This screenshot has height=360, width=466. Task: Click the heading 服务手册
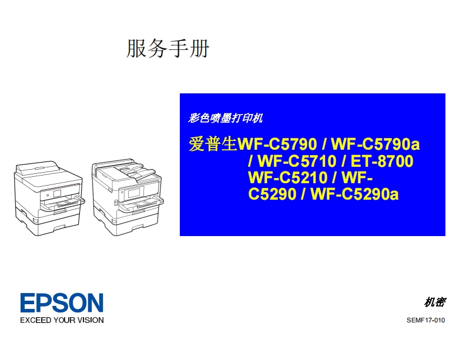[x=167, y=49]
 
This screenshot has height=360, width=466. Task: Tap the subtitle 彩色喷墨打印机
[x=225, y=118]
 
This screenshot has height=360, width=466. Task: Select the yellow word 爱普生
[x=212, y=144]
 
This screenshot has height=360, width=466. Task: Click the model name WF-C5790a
[x=376, y=144]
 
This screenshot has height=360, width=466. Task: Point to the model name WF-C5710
[x=296, y=161]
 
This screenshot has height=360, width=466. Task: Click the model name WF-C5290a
[x=355, y=193]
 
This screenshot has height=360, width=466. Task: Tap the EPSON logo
[x=62, y=303]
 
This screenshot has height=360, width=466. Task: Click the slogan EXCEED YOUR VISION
[x=62, y=320]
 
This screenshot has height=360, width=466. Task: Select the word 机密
[x=434, y=302]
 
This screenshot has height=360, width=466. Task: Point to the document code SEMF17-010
[x=425, y=320]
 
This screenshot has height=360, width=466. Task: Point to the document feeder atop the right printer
[x=126, y=171]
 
